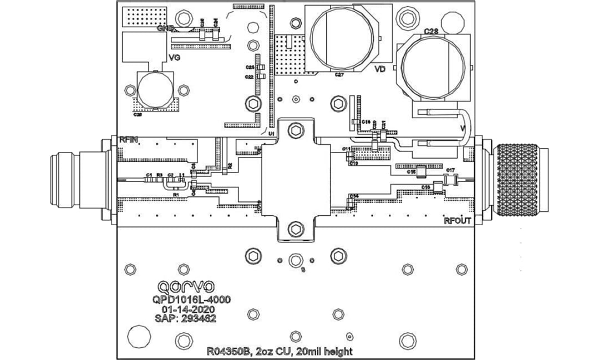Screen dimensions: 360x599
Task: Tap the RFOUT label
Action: click(458, 221)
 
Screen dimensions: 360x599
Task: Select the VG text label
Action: click(174, 57)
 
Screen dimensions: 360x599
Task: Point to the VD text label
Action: click(380, 69)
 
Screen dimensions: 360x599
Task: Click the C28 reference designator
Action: click(431, 32)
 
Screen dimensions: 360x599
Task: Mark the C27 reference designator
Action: click(339, 75)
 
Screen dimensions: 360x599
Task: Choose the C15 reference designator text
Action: click(412, 172)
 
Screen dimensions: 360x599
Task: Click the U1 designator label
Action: click(272, 134)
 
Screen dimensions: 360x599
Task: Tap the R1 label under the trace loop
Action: click(176, 195)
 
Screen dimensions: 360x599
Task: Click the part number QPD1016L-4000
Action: click(192, 299)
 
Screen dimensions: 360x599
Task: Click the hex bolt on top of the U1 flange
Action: click(296, 131)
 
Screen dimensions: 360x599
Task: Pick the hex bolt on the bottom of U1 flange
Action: click(296, 228)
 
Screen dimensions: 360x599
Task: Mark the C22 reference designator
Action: click(250, 77)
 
